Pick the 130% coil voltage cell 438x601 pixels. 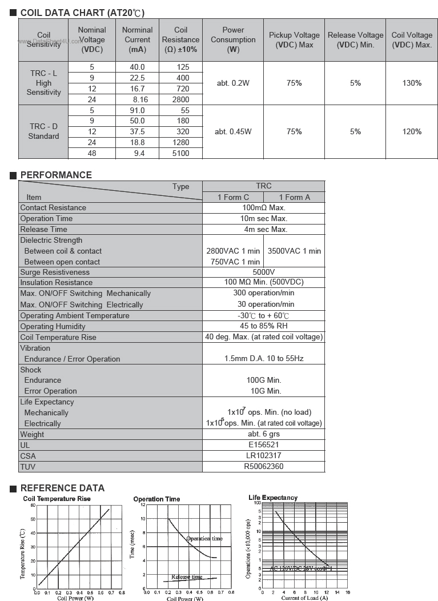tap(412, 83)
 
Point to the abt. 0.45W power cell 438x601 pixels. tap(233, 131)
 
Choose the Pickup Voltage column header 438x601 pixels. tap(294, 40)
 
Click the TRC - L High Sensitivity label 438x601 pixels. tap(43, 83)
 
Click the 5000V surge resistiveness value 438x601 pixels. tap(263, 273)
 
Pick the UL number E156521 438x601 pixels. tap(263, 445)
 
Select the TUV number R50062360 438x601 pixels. tap(263, 467)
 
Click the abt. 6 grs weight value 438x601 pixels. tap(263, 434)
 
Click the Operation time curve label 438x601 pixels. tap(204, 539)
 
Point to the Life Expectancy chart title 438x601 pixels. tap(273, 498)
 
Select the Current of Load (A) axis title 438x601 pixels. tap(304, 598)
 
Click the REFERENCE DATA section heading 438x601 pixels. tap(62, 488)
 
